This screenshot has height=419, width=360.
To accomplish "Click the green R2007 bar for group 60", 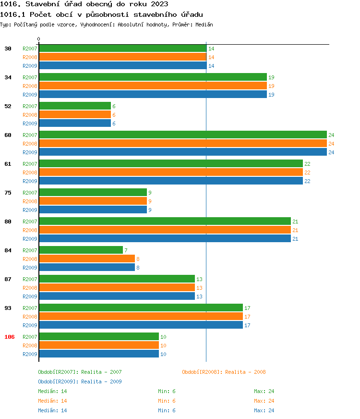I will coord(182,135).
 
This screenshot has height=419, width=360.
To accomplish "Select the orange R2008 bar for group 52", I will coord(75,115).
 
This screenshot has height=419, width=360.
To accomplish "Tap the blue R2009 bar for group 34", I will coord(153,95).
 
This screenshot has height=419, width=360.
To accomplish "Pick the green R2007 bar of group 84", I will coord(81,250).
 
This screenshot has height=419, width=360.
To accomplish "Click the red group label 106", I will coord(10,337).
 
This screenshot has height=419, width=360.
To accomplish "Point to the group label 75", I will coord(8,193).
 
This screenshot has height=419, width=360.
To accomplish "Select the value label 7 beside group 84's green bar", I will coord(126,250).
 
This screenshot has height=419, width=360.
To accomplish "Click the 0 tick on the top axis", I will coord(39,39).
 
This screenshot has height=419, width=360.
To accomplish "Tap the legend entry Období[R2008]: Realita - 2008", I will coord(224,372).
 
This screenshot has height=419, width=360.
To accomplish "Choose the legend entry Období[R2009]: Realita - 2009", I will coord(80,382).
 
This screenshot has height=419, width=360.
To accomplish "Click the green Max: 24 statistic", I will coord(264,391).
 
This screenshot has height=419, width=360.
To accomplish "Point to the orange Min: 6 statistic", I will coord(167,401).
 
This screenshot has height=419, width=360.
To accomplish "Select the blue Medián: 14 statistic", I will coord(52,410).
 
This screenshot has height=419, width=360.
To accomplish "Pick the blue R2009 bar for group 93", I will coord(141,325).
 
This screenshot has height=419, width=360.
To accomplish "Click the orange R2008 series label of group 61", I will coord(30,173).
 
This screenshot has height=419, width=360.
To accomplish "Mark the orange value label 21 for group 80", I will coord(296,230).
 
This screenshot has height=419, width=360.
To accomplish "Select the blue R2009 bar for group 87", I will coord(117,296).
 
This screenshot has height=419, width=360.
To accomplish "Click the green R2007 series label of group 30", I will coord(30,49).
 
